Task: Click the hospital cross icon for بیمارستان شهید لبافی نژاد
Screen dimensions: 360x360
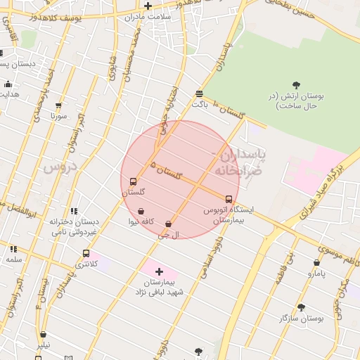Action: (159, 271)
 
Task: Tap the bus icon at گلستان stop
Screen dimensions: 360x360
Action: (134, 181)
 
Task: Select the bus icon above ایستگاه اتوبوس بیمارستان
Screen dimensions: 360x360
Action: (229, 199)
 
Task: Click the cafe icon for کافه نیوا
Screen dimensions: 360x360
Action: (141, 211)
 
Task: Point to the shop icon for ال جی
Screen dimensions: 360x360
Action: (168, 224)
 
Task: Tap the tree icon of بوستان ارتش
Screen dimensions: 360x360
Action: (295, 85)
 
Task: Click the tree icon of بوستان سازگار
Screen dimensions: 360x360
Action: (301, 307)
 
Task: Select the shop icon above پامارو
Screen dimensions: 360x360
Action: (316, 263)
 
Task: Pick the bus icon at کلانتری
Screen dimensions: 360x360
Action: (86, 253)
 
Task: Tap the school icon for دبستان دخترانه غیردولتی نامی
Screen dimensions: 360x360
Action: (73, 210)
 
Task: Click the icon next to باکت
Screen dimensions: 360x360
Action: (200, 94)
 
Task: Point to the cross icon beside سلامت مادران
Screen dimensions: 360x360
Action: (148, 6)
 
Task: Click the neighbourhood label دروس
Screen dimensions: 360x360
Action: (59, 167)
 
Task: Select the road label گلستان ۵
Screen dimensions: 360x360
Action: (166, 169)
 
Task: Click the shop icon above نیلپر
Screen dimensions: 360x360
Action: (44, 335)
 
